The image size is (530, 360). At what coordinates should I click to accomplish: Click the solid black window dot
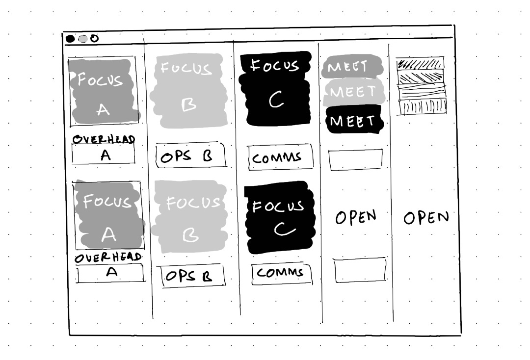pyautogui.click(x=70, y=39)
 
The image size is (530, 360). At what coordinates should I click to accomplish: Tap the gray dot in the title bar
pyautogui.click(x=83, y=39)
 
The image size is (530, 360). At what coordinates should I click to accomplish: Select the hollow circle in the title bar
pyautogui.click(x=94, y=38)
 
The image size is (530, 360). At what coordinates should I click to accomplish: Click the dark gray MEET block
pyautogui.click(x=351, y=68)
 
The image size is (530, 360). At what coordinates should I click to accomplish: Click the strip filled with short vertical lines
pyautogui.click(x=422, y=106)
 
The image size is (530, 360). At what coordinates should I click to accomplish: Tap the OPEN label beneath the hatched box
pyautogui.click(x=426, y=217)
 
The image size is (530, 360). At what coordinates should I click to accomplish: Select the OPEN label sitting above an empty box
pyautogui.click(x=356, y=217)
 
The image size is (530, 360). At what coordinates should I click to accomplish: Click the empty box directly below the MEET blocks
pyautogui.click(x=356, y=159)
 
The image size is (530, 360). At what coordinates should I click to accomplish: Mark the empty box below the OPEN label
pyautogui.click(x=360, y=270)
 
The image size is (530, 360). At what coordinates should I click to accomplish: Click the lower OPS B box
pyautogui.click(x=193, y=276)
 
